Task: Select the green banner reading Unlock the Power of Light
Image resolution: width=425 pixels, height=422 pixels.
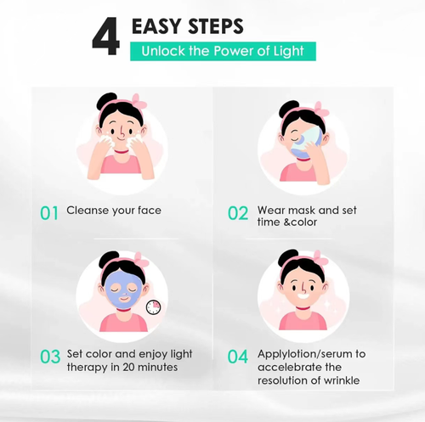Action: (x=222, y=51)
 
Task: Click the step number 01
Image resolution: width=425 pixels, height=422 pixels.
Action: (x=50, y=211)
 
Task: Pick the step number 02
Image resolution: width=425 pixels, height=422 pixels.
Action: (x=237, y=211)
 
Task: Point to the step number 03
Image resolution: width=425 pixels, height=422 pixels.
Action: (x=50, y=357)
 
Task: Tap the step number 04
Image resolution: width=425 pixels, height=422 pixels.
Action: (x=237, y=357)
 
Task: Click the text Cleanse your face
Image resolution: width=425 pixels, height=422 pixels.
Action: (x=114, y=210)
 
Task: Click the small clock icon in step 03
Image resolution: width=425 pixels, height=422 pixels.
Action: (x=154, y=309)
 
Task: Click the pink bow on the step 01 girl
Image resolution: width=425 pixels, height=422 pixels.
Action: (x=137, y=103)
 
